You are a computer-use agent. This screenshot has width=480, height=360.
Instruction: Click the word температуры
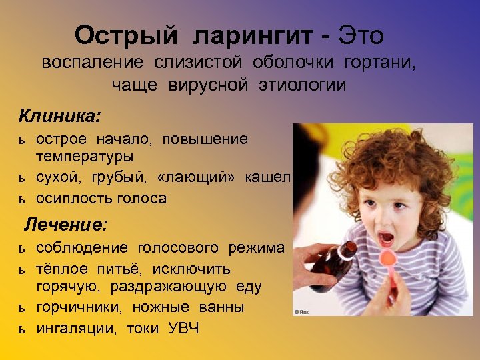[x=85, y=157]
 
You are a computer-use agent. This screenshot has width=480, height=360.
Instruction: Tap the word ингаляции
[x=73, y=328]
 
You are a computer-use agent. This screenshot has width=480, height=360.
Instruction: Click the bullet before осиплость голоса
[x=22, y=199]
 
